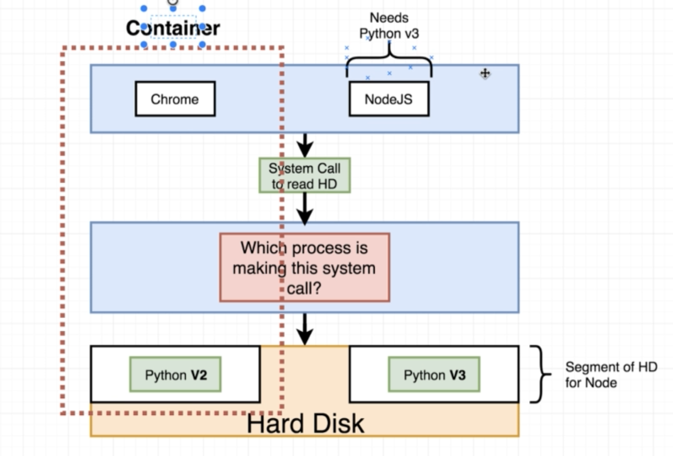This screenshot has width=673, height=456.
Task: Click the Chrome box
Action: [175, 99]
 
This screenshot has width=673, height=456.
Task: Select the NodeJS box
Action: [389, 99]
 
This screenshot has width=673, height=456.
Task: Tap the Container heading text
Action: [173, 28]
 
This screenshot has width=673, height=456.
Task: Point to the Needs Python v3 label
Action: [389, 25]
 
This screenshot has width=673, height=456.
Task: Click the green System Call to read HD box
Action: [304, 176]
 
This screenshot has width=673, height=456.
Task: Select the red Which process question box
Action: [304, 268]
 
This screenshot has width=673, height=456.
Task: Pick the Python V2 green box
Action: [175, 375]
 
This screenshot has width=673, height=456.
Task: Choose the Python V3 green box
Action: [434, 375]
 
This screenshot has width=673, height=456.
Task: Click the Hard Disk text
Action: [305, 423]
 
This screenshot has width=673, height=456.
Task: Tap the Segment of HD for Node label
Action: [611, 375]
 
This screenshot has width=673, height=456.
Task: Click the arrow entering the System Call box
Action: [305, 145]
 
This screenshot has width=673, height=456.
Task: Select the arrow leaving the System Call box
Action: [305, 209]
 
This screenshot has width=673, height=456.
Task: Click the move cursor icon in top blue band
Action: [485, 73]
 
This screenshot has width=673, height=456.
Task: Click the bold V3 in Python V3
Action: [457, 375]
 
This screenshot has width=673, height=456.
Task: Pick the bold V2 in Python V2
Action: [198, 375]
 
